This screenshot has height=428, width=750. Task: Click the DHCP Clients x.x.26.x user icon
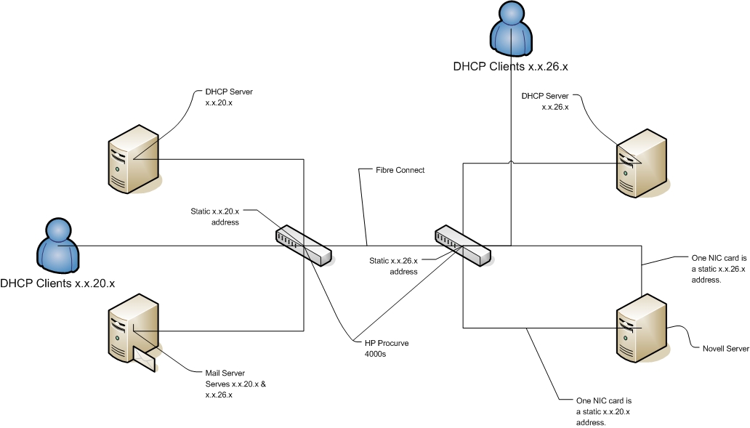[510, 28]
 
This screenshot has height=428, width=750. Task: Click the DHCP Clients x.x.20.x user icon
[57, 246]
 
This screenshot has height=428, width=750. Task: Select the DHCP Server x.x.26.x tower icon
[642, 164]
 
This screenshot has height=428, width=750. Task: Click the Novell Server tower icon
[641, 328]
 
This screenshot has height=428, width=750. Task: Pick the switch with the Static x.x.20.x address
[304, 246]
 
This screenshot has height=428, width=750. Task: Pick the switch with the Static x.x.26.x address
[463, 246]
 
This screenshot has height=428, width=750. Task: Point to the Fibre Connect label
[400, 170]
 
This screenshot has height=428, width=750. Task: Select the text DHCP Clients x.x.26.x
[510, 66]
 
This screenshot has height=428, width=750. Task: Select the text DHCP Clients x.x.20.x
[58, 283]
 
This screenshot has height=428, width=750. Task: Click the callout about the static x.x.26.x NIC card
[718, 268]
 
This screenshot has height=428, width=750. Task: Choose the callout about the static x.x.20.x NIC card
[602, 411]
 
